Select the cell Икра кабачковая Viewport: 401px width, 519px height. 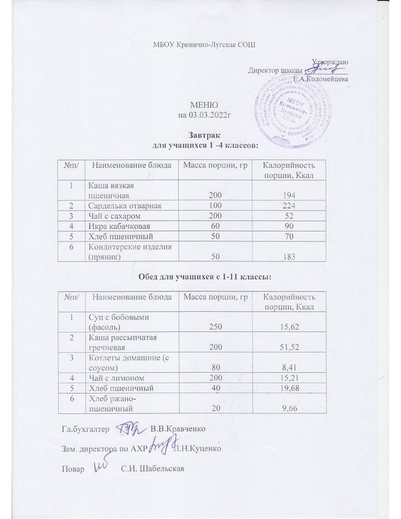coord(115,226)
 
